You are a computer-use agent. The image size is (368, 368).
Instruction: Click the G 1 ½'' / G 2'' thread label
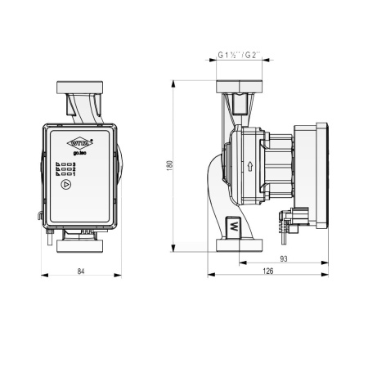[239, 56]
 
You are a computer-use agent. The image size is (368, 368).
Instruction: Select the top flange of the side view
[239, 87]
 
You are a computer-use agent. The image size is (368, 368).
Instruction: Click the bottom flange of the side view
[239, 244]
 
